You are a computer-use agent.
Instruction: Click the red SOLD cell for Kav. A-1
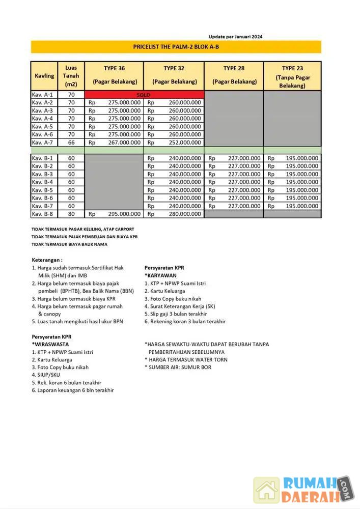(x=144, y=95)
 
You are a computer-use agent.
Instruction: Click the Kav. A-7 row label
(x=43, y=143)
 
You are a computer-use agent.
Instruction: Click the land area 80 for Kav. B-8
(x=71, y=214)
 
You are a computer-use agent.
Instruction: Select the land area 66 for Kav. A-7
(x=71, y=143)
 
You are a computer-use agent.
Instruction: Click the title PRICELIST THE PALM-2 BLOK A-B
(x=176, y=47)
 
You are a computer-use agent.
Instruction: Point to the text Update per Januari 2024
(x=235, y=37)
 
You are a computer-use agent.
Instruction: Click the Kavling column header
(x=45, y=76)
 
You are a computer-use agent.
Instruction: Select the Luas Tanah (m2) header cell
(x=71, y=76)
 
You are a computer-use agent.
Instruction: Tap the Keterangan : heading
(x=47, y=259)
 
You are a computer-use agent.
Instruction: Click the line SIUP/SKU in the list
(x=46, y=375)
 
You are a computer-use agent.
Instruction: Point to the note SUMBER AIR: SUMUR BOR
(x=178, y=367)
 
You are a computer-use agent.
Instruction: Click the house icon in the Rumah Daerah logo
(x=267, y=490)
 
